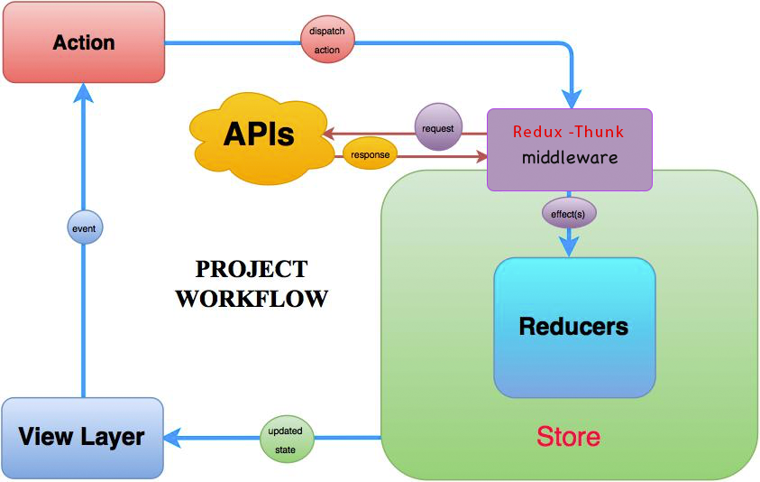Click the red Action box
84,43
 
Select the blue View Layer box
82,438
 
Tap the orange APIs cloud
258,136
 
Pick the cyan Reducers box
573,327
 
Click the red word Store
568,438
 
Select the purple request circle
438,128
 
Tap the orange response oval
371,155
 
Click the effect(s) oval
569,215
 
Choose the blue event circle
83,229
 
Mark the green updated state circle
286,438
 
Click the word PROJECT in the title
252,269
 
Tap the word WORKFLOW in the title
252,298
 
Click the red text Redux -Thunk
568,132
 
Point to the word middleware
570,157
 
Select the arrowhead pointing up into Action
83,89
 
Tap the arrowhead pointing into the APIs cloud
328,134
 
